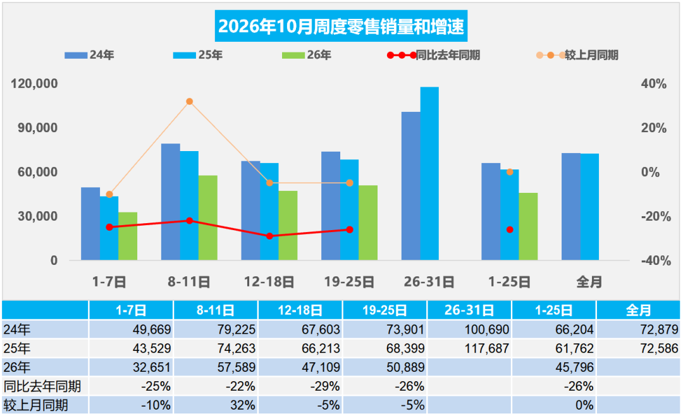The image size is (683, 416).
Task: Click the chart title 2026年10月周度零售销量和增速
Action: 341,26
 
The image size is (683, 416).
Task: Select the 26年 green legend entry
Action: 307,56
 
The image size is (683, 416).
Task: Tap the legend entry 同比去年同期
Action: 434,56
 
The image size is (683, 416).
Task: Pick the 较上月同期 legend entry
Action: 577,56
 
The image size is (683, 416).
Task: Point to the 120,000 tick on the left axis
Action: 34,83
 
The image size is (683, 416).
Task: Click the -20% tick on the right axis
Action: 656,216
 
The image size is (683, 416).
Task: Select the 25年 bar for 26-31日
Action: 429,173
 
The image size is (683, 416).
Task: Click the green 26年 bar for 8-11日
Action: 208,218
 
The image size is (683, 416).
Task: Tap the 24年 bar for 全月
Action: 571,207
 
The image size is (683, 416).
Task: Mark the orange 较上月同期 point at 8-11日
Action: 190,102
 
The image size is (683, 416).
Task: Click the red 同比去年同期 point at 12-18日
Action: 269,236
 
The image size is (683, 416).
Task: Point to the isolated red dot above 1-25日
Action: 510,229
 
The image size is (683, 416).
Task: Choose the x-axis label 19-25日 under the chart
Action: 349,282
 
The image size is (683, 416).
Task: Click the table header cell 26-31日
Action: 469,310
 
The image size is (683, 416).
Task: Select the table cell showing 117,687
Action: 486,348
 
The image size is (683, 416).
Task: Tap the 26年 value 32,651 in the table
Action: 152,367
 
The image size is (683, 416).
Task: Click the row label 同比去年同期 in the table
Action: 42,386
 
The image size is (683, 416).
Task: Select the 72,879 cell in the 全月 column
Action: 660,329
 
